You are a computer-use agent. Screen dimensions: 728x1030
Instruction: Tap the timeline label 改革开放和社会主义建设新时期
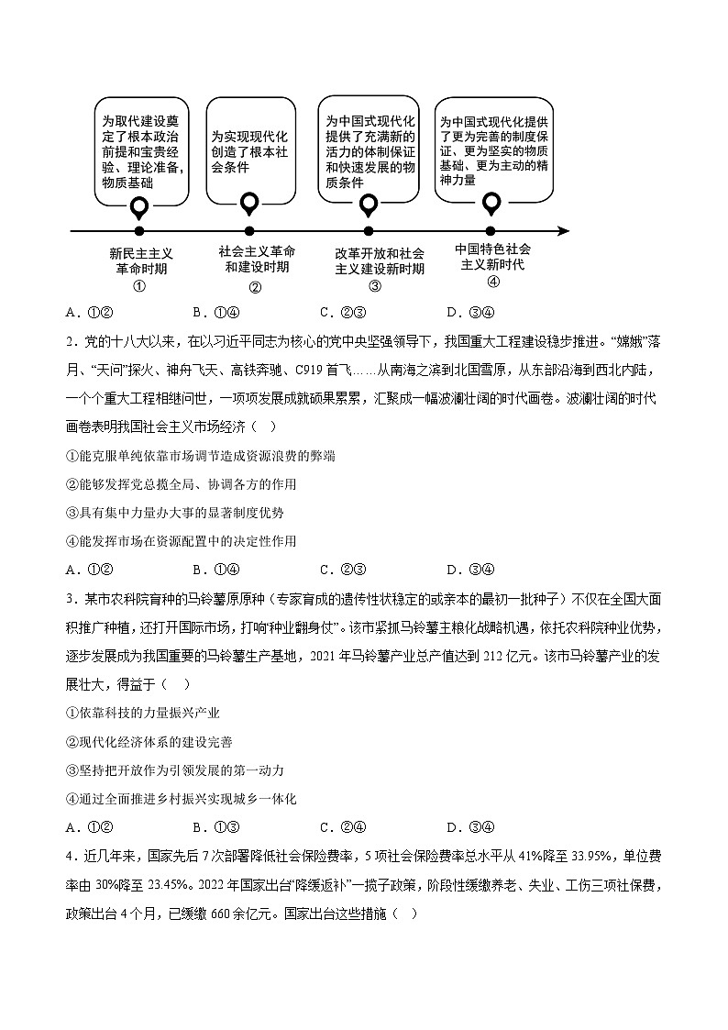[380, 260]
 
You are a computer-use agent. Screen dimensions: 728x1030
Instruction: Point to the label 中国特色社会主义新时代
[492, 256]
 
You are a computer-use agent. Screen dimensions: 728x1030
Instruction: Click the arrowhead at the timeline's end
[563, 231]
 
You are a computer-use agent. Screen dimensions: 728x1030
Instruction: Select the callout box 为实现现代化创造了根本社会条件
[249, 151]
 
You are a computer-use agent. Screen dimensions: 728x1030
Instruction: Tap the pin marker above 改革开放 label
[369, 205]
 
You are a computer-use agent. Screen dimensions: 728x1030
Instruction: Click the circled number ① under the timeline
[140, 285]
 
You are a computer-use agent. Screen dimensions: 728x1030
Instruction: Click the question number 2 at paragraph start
[70, 342]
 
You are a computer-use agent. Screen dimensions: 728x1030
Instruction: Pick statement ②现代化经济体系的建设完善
[149, 741]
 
